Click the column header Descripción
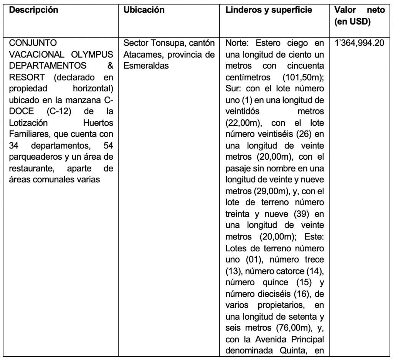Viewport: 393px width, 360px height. pyautogui.click(x=33, y=10)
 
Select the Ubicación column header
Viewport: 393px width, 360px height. pyautogui.click(x=144, y=10)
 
